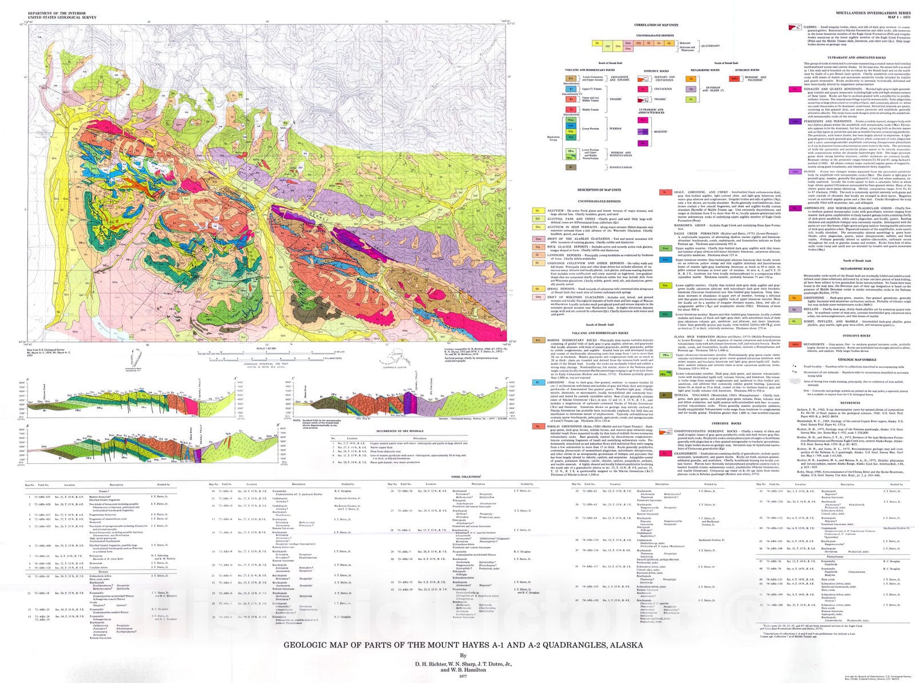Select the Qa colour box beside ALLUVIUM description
coord(537,210)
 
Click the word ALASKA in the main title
coord(618,645)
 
